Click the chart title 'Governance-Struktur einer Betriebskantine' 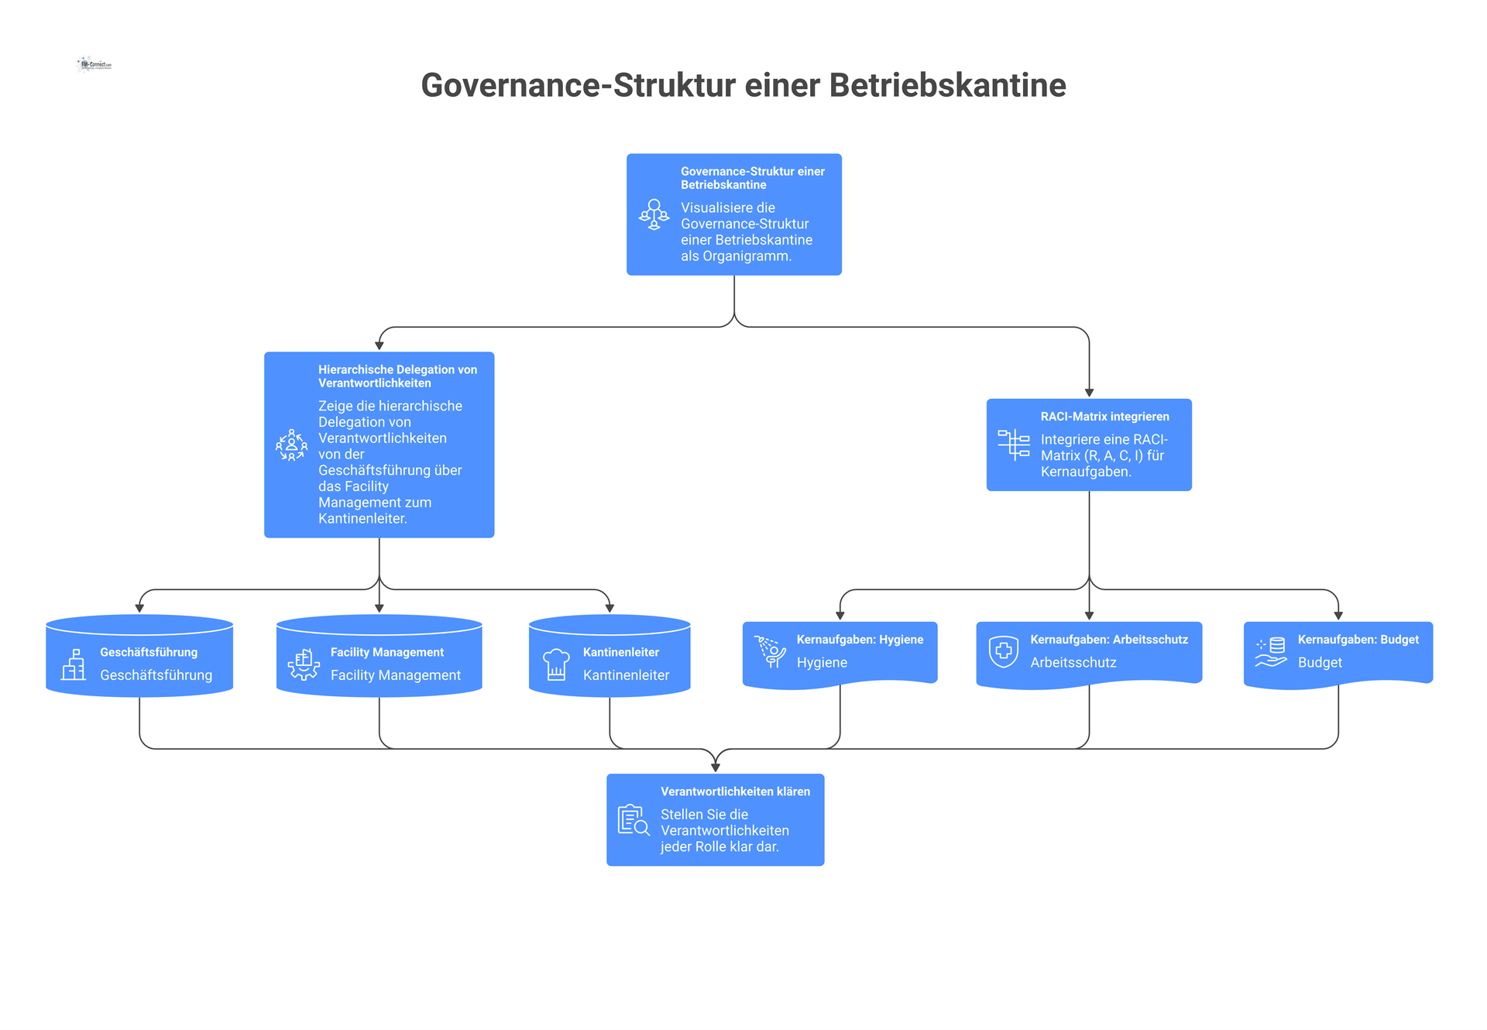click(x=743, y=85)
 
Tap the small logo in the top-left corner click(x=94, y=64)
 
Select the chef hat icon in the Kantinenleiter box click(x=556, y=664)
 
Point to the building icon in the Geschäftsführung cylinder click(x=74, y=664)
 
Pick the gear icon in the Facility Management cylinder click(x=304, y=664)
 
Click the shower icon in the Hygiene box click(x=771, y=651)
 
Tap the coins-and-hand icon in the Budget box click(x=1271, y=651)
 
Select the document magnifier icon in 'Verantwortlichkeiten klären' click(x=634, y=820)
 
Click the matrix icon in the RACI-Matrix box click(x=1014, y=445)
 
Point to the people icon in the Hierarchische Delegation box click(x=291, y=445)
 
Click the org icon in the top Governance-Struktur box click(x=654, y=215)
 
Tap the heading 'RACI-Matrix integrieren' click(x=1104, y=417)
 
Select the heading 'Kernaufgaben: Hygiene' click(x=860, y=640)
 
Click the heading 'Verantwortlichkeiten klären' click(x=735, y=791)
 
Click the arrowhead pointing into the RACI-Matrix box click(x=1089, y=393)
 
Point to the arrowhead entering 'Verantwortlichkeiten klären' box click(x=716, y=767)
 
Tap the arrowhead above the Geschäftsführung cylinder click(x=139, y=609)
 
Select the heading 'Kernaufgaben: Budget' click(x=1358, y=640)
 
